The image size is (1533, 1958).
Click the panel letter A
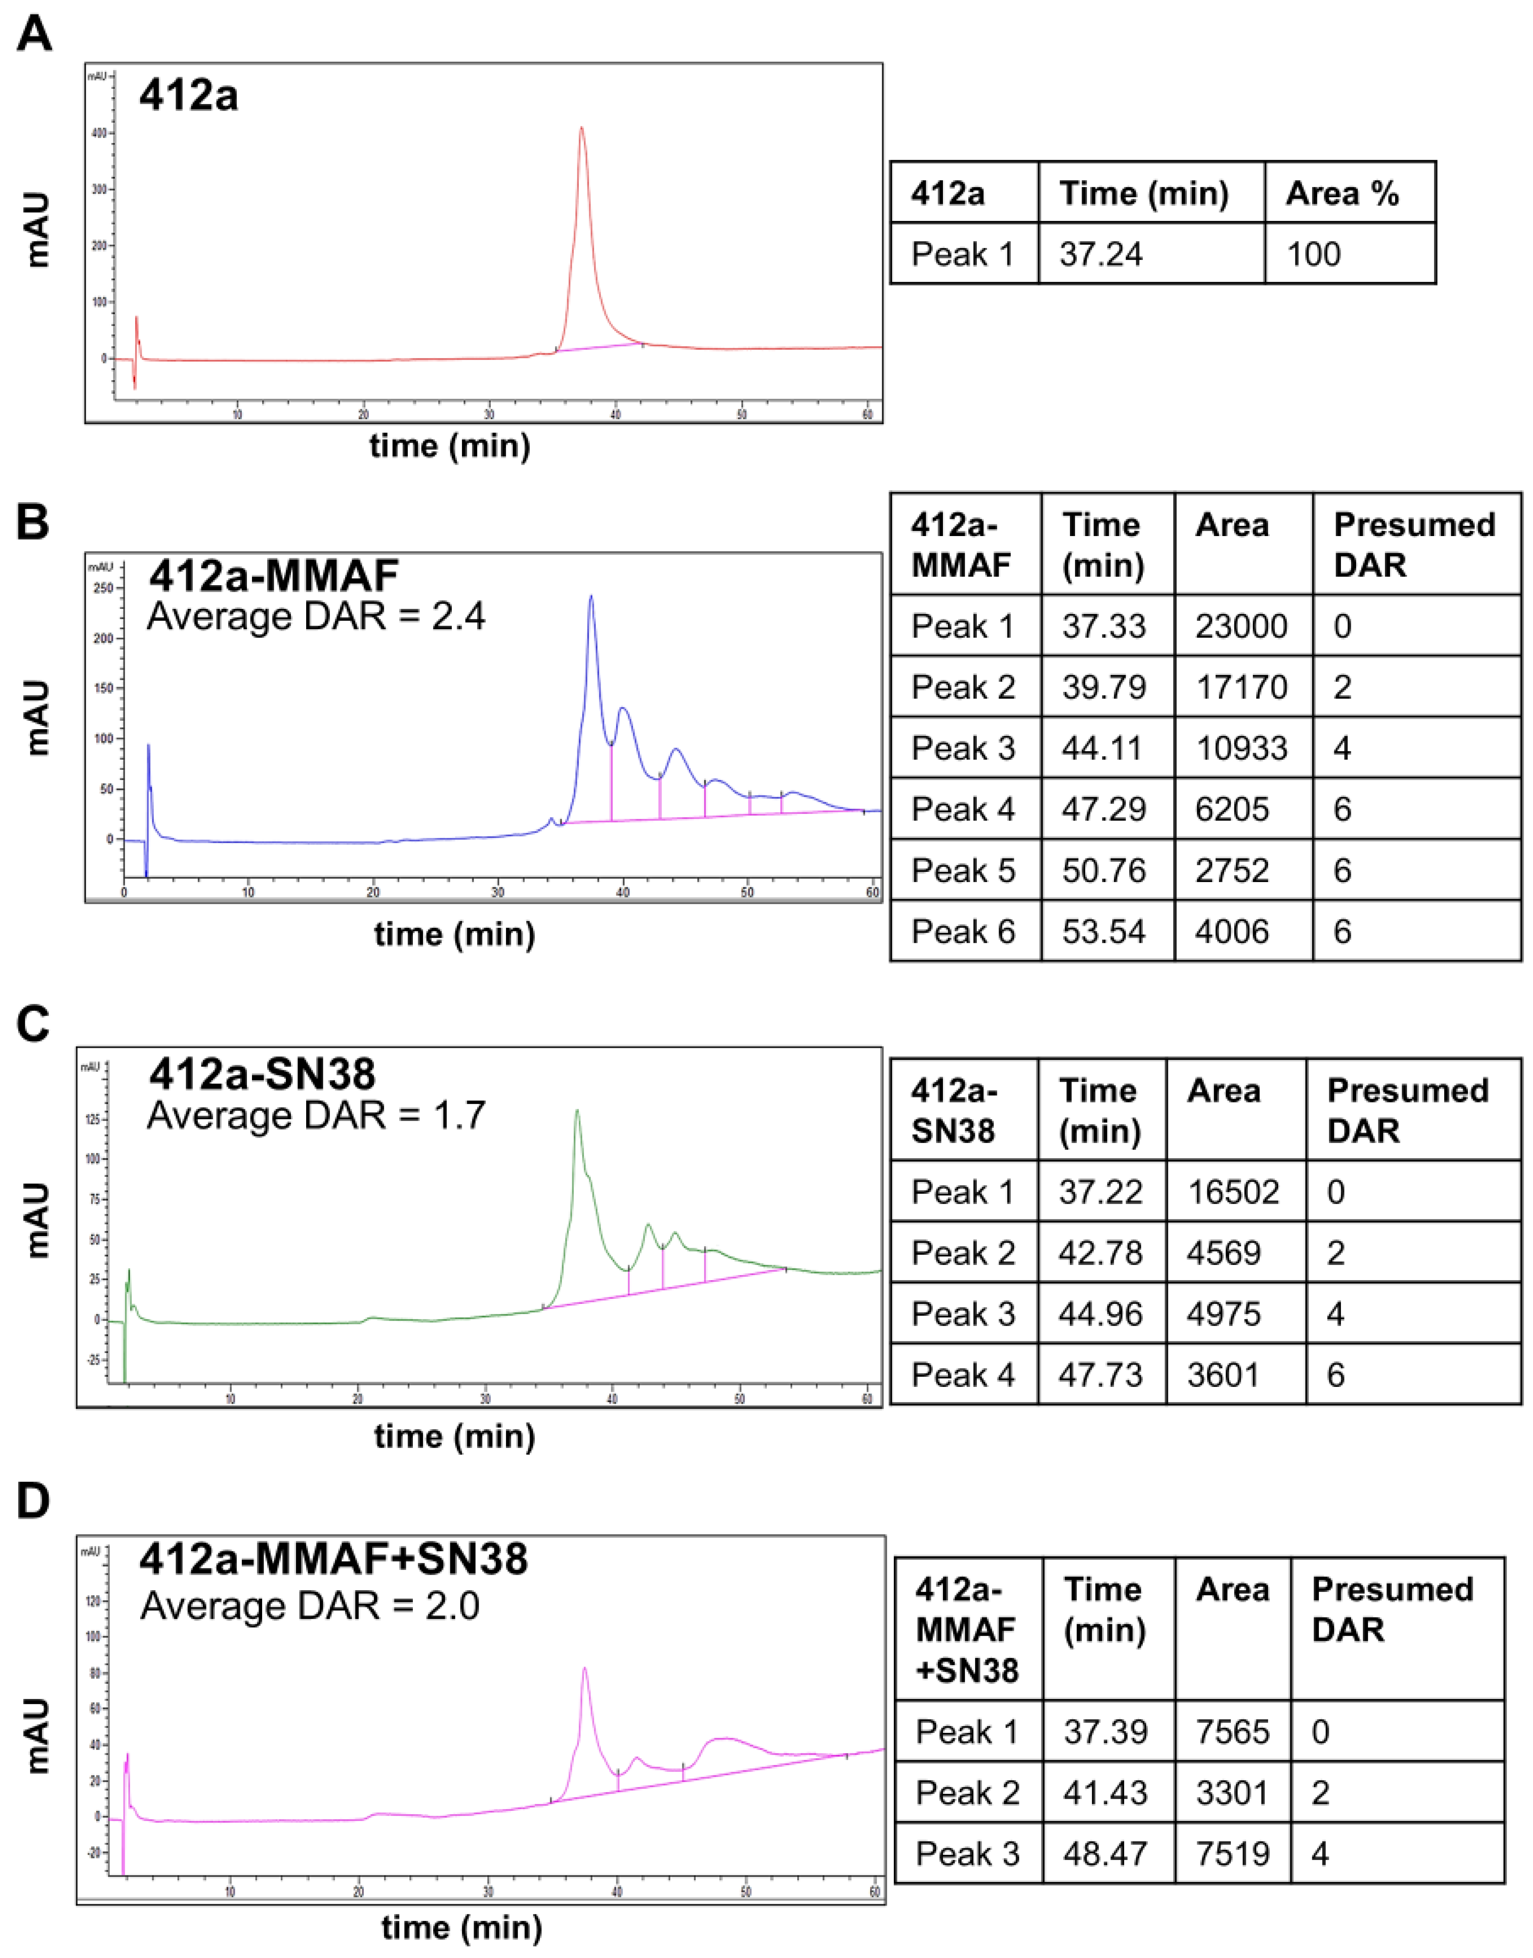click(34, 36)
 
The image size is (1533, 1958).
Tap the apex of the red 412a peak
click(581, 129)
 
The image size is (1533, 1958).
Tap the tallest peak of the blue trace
click(590, 596)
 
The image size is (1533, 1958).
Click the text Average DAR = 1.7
click(316, 1115)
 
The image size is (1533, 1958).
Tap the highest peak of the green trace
click(577, 1111)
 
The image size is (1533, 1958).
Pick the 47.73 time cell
click(1100, 1374)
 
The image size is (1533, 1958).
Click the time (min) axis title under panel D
click(461, 1928)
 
